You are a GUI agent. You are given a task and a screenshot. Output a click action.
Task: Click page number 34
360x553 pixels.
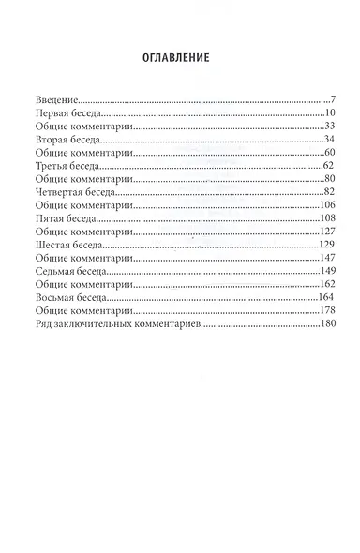329,138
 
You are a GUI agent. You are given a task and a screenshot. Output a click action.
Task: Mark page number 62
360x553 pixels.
329,164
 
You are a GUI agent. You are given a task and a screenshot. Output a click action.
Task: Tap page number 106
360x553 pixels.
327,203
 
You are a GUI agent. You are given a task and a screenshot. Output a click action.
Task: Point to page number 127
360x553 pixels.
327,230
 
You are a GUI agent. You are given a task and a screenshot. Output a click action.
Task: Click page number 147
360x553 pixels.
327,256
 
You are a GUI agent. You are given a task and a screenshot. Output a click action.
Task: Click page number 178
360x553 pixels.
327,308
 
